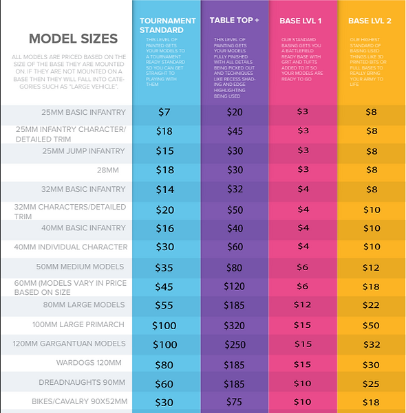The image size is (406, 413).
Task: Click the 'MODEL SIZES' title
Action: pyautogui.click(x=73, y=38)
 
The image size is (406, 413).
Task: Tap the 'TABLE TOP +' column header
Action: pyautogui.click(x=234, y=21)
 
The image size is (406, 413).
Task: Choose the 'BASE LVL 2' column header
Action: pyautogui.click(x=370, y=21)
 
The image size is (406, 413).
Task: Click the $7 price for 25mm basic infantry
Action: pyautogui.click(x=164, y=112)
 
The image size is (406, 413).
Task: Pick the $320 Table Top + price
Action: pyautogui.click(x=235, y=325)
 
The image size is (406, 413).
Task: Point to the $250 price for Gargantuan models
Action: pyautogui.click(x=235, y=344)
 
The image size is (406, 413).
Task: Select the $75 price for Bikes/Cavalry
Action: pyautogui.click(x=235, y=403)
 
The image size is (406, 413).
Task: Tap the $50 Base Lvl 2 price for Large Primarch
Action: pyautogui.click(x=372, y=325)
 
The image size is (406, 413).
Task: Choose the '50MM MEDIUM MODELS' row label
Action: pyautogui.click(x=81, y=267)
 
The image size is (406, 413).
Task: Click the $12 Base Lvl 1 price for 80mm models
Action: pyautogui.click(x=303, y=305)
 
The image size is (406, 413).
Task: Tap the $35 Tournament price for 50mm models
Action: pyautogui.click(x=164, y=267)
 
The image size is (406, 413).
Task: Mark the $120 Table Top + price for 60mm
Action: pyautogui.click(x=235, y=287)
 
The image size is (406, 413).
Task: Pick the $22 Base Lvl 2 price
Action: pyautogui.click(x=372, y=305)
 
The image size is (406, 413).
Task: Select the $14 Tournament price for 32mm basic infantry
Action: pyautogui.click(x=164, y=190)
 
